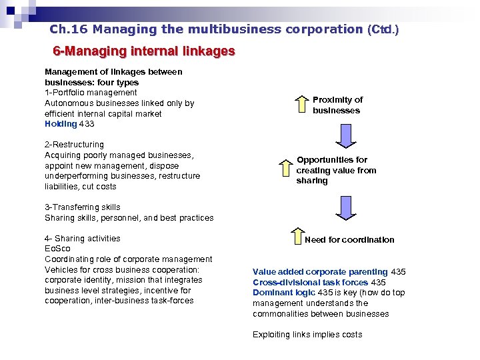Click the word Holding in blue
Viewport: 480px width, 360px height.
pos(61,124)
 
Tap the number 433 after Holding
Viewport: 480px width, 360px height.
pos(87,124)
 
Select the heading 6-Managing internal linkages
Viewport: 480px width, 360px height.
pos(144,51)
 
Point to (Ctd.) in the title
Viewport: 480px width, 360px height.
pos(383,29)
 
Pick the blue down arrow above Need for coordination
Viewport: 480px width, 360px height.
pos(346,207)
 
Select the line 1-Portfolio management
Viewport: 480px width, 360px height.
pos(91,93)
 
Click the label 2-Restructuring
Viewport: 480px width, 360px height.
pos(74,145)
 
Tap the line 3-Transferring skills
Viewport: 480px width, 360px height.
pos(83,207)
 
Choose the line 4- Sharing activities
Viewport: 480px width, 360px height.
pos(83,239)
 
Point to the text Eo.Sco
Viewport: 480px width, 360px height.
pos(57,249)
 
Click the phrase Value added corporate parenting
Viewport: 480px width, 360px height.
pos(320,272)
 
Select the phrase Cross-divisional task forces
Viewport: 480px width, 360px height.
pos(310,283)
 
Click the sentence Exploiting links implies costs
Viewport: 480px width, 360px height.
pos(307,335)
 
